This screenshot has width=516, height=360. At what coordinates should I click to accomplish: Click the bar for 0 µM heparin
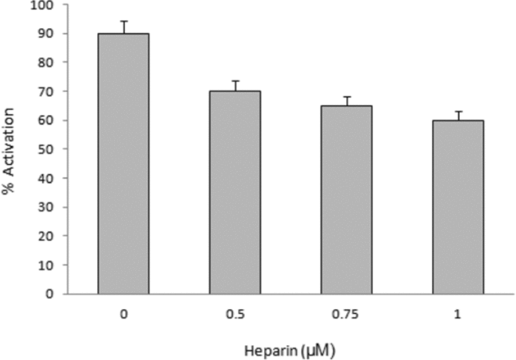coord(123,164)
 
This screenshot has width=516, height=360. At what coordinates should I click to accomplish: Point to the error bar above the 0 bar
coord(123,27)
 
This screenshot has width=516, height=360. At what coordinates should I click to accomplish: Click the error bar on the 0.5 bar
coord(234,85)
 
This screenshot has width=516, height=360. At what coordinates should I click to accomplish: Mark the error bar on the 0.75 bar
coord(346,101)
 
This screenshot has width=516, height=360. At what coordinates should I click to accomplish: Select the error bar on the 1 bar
coord(457,116)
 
